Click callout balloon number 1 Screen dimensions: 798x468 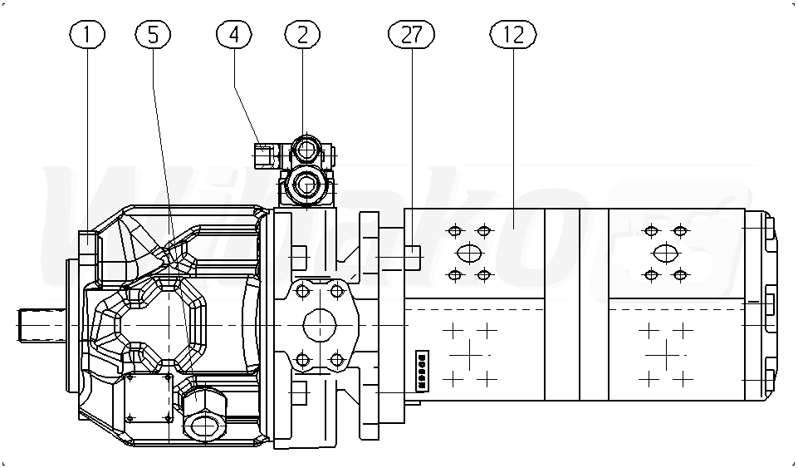tap(87, 34)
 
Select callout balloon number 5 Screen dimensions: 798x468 tap(153, 34)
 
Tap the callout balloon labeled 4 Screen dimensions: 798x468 tap(233, 34)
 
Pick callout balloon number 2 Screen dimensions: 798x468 tap(302, 34)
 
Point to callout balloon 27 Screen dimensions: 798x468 tap(411, 34)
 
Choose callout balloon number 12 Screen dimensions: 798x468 tap(513, 34)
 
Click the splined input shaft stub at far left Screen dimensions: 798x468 tap(42, 325)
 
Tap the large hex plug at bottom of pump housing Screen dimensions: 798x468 tap(204, 413)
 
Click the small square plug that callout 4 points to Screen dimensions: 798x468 tap(266, 155)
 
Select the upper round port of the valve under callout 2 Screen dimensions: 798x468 tap(306, 150)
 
